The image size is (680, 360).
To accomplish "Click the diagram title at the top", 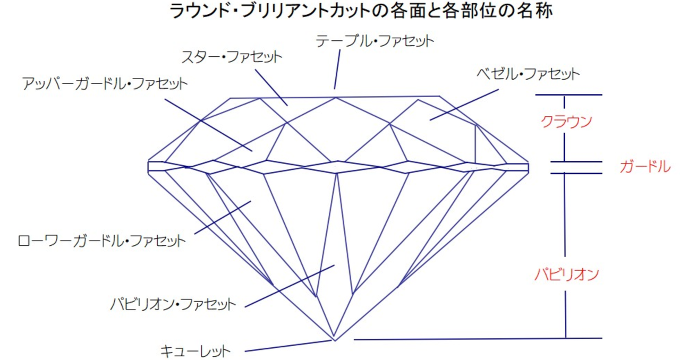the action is (361, 11).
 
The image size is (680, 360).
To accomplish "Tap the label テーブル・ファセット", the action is (375, 41).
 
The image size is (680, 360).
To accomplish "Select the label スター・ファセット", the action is (232, 57).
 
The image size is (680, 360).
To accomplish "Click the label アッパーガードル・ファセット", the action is (105, 83).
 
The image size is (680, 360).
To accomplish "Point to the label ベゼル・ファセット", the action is (528, 74).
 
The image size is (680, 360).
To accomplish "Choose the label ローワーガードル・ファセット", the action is (101, 241).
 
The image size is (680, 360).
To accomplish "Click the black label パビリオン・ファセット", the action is (173, 304).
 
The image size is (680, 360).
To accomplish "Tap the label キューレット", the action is (195, 351).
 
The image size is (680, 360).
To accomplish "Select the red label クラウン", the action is (566, 122).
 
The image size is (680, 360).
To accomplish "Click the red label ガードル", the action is (645, 167).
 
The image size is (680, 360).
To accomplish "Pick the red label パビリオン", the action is (566, 275).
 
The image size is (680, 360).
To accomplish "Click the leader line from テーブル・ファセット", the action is (337, 70).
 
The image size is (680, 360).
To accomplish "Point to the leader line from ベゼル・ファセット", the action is (464, 105).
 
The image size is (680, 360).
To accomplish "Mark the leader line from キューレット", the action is (288, 346).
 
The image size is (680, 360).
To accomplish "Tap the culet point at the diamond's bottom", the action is (335, 340).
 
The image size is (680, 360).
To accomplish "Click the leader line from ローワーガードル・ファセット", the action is (223, 217).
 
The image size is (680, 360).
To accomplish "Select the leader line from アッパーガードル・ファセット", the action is (209, 125).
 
